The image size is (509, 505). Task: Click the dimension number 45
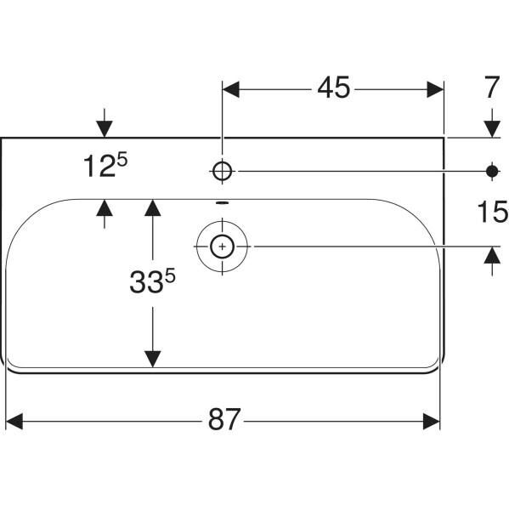334,88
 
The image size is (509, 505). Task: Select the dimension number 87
224,419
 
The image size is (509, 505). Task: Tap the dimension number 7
492,88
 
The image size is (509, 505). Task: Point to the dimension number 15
493,212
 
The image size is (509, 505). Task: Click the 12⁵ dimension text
105,165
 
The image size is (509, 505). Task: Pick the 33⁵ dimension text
152,281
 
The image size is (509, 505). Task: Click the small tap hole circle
223,171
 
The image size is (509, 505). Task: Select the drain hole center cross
222,247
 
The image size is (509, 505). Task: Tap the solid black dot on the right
492,171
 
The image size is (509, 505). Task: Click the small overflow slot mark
223,203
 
